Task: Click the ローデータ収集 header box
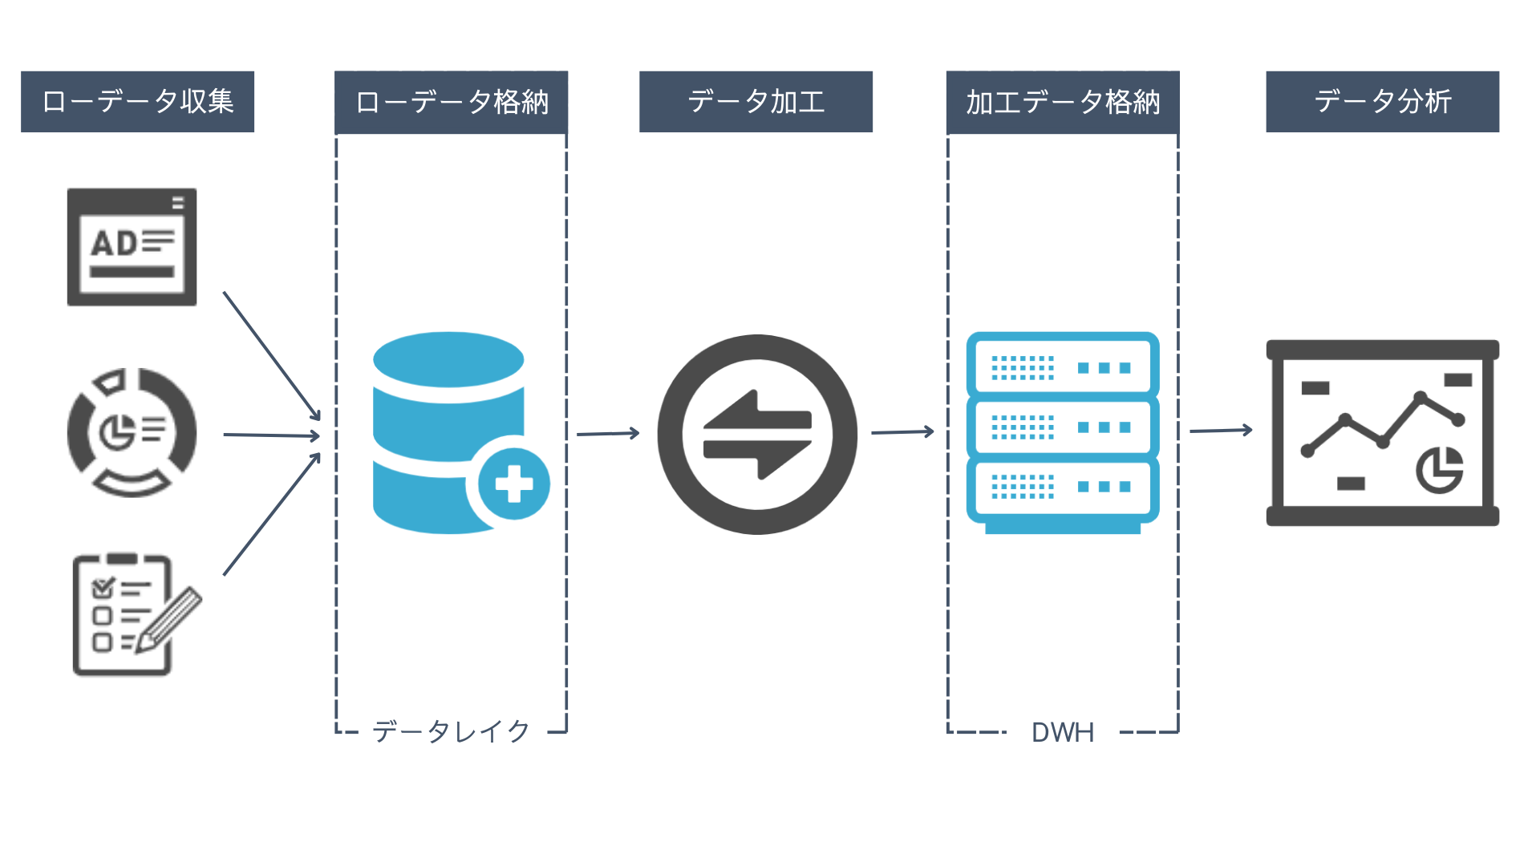[137, 102]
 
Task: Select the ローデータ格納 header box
[451, 103]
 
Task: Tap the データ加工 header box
[756, 102]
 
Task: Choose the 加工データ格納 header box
[1062, 103]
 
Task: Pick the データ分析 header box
[1382, 102]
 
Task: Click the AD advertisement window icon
[132, 247]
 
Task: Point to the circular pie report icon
[132, 432]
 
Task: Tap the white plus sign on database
[514, 484]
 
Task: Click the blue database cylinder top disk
[448, 360]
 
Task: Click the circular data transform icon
[757, 434]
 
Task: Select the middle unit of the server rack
[1062, 427]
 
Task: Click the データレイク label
[451, 731]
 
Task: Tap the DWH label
[1062, 732]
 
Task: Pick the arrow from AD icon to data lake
[271, 355]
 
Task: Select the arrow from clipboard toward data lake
[271, 515]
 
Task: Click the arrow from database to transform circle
[607, 434]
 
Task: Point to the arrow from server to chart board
[1220, 431]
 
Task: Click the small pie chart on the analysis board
[1439, 470]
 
